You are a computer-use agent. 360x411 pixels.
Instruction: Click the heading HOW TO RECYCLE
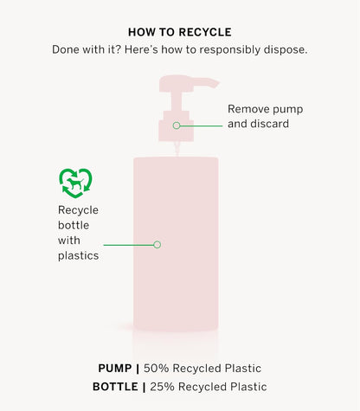(x=180, y=32)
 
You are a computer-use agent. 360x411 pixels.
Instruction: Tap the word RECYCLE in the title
(x=206, y=32)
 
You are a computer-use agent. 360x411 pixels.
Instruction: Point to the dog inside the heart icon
(x=75, y=183)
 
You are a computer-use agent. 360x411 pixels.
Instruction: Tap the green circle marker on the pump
(x=177, y=125)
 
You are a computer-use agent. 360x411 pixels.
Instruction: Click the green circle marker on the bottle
(x=157, y=245)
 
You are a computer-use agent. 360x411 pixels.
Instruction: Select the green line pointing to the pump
(x=202, y=125)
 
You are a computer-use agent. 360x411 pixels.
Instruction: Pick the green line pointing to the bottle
(x=129, y=245)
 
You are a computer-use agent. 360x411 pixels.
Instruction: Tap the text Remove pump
(x=266, y=109)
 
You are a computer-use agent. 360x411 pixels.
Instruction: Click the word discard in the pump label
(x=269, y=124)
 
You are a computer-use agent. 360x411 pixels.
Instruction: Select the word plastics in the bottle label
(x=78, y=256)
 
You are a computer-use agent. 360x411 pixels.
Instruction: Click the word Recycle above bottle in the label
(x=78, y=210)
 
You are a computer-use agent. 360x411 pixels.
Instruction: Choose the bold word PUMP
(x=115, y=369)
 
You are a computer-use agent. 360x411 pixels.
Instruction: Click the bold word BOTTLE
(x=115, y=387)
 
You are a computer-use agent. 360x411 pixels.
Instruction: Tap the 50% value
(x=156, y=369)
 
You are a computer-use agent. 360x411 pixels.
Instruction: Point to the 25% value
(x=162, y=387)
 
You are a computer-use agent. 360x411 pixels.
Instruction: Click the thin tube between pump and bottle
(x=177, y=149)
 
